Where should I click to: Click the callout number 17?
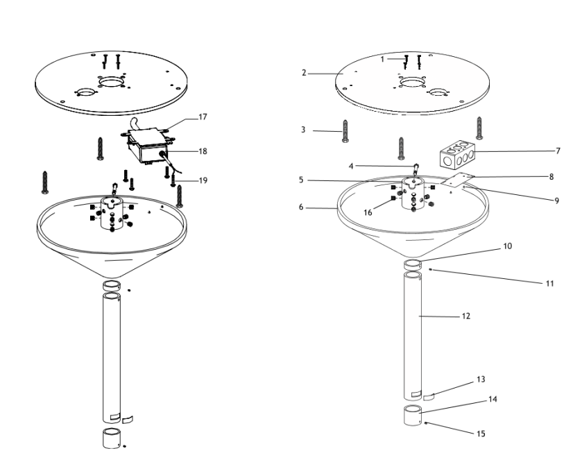click(x=203, y=117)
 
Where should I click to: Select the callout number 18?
click(x=203, y=150)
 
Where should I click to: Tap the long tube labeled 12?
click(x=414, y=333)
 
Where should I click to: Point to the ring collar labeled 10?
click(x=413, y=264)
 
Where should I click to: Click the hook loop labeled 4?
click(x=416, y=170)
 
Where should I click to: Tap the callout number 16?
click(x=368, y=213)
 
